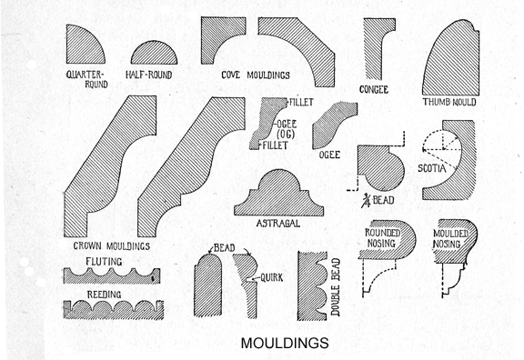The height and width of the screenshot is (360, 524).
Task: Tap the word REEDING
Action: (107, 294)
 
